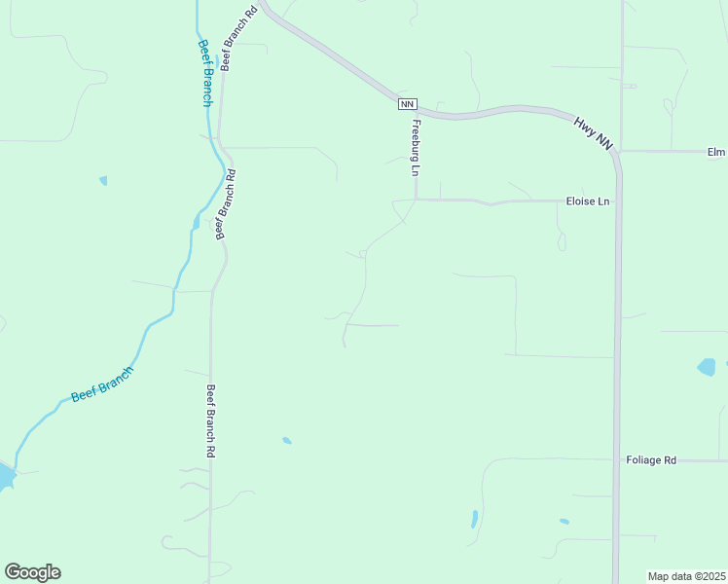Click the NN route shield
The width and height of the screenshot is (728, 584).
[x=408, y=104]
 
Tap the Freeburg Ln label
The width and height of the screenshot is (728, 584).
[x=416, y=148]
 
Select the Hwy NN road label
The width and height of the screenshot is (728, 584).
[x=593, y=132]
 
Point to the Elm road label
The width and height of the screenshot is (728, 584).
[x=716, y=152]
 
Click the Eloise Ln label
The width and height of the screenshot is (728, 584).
[x=588, y=201]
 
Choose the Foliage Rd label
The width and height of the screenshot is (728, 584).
[x=651, y=460]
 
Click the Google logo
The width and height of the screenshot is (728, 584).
[x=32, y=571]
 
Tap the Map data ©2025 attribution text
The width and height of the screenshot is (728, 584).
[x=687, y=576]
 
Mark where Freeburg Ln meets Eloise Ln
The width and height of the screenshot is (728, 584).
[x=416, y=201]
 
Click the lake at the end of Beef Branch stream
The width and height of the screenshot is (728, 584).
[x=5, y=477]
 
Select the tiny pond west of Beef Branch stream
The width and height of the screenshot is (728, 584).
[x=103, y=180]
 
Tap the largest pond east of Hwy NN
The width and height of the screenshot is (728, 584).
[x=706, y=367]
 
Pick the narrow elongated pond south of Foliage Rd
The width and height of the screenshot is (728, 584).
[x=474, y=519]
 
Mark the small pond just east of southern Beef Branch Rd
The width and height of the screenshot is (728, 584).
[x=287, y=441]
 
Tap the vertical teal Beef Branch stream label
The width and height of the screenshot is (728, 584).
[x=205, y=73]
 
